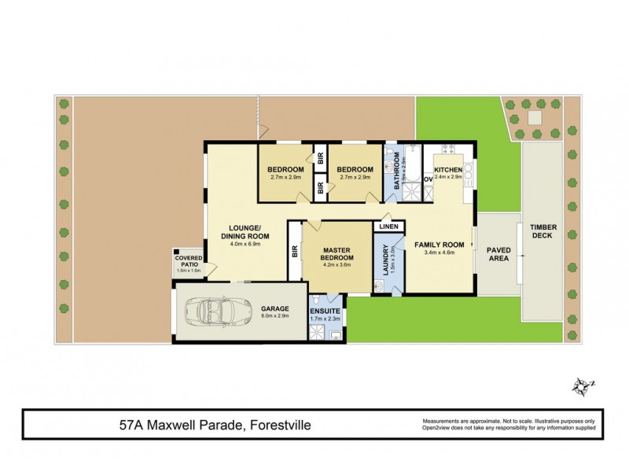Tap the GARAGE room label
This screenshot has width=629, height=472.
[x=275, y=309]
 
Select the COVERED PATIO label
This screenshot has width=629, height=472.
[x=189, y=260]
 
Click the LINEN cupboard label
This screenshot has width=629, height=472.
[x=388, y=227]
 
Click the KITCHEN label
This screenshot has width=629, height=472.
[x=450, y=170]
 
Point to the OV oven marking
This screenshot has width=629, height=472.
[x=429, y=179]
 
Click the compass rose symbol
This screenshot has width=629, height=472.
[x=582, y=385]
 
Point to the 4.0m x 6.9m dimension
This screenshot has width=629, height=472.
[x=245, y=244]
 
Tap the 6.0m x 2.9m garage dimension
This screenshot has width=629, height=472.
[x=275, y=318]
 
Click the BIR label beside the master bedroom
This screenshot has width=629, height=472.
[x=294, y=252]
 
